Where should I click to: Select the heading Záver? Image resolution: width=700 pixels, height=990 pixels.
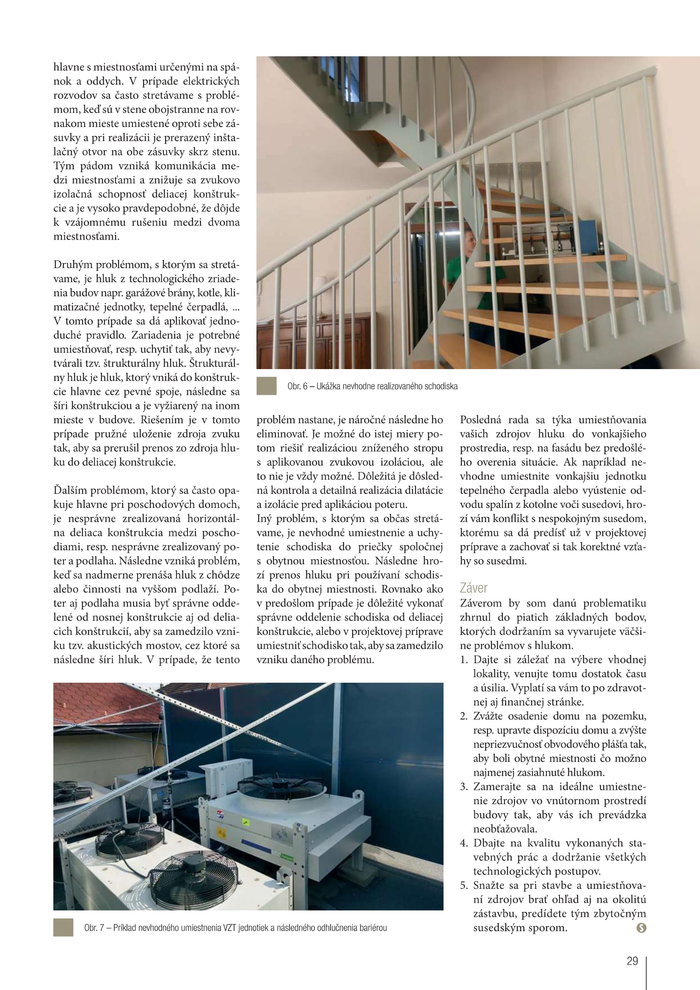pyautogui.click(x=473, y=588)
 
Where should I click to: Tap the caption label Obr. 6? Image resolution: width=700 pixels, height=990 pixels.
pyautogui.click(x=297, y=386)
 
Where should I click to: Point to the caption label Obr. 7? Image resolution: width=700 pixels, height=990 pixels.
pyautogui.click(x=94, y=928)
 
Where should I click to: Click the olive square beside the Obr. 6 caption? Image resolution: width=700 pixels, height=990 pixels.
pyautogui.click(x=266, y=386)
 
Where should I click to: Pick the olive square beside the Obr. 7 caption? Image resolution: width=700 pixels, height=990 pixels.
pyautogui.click(x=63, y=927)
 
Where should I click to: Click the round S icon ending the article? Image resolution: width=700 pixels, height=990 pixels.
pyautogui.click(x=641, y=928)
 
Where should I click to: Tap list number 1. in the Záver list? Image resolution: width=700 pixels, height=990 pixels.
pyautogui.click(x=463, y=660)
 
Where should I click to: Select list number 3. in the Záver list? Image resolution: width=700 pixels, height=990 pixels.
pyautogui.click(x=463, y=786)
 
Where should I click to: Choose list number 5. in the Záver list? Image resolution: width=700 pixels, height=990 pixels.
pyautogui.click(x=463, y=885)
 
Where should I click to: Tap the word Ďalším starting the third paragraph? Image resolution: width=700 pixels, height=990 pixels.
pyautogui.click(x=69, y=490)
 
